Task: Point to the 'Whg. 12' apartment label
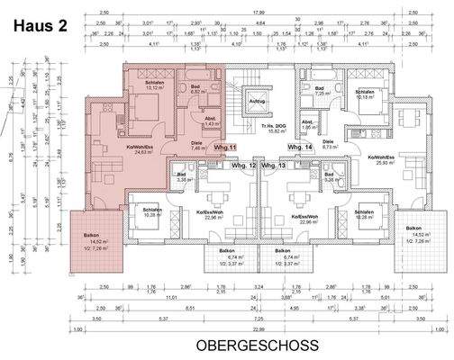245,166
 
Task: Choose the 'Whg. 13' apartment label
277,166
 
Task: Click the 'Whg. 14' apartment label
299,147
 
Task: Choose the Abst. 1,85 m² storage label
307,125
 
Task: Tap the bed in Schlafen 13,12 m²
154,112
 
